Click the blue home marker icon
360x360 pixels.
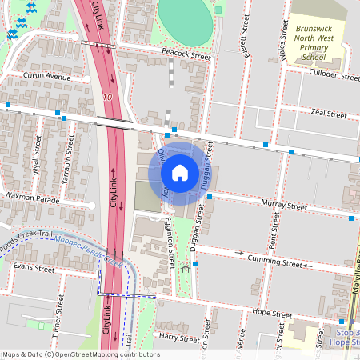click(x=180, y=173)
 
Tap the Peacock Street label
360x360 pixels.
click(x=186, y=57)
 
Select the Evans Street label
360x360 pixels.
click(x=33, y=269)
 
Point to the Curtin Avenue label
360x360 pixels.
click(x=47, y=77)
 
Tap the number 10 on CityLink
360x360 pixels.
click(x=107, y=97)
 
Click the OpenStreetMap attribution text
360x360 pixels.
click(x=80, y=354)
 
